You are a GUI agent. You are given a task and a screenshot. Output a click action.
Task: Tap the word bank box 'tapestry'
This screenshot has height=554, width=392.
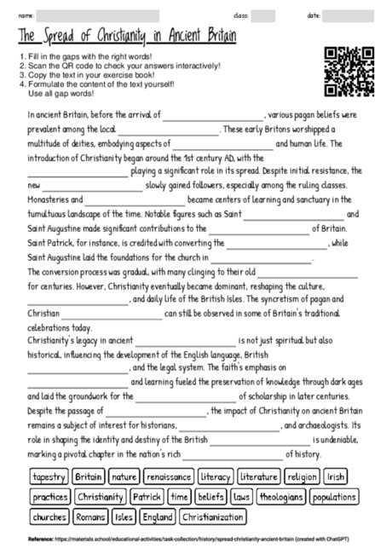[49, 476]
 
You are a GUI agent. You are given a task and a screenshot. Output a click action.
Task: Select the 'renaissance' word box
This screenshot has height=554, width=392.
[168, 476]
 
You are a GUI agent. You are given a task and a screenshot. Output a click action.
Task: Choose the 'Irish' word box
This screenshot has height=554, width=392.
[336, 476]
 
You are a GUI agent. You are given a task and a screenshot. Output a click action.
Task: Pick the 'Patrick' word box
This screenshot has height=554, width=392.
[147, 496]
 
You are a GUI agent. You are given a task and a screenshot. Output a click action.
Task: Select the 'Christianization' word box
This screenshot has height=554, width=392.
[212, 516]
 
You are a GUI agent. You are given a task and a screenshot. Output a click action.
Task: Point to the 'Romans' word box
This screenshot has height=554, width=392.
[91, 516]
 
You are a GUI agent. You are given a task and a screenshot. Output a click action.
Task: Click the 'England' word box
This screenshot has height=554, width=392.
[158, 516]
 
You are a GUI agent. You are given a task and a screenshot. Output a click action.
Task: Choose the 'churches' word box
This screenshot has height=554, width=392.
[49, 516]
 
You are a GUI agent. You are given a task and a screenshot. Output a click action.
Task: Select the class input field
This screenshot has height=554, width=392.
[262, 15]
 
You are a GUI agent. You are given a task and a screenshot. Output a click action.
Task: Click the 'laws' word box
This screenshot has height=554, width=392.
[241, 496]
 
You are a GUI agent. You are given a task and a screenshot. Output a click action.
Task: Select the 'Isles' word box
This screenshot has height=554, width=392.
[124, 516]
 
